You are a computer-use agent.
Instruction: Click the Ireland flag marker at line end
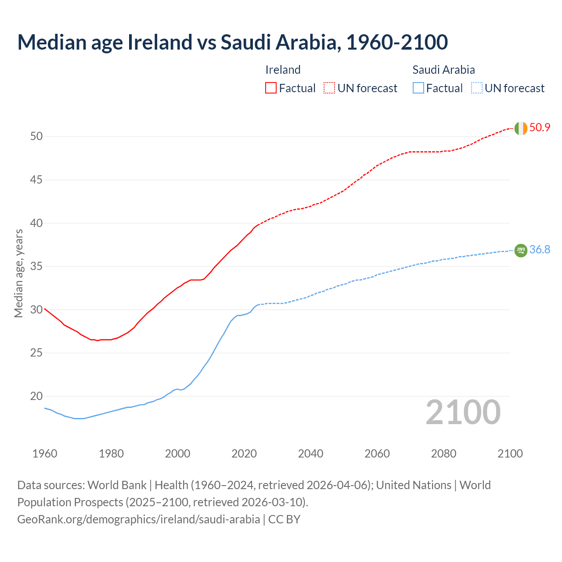click(x=521, y=128)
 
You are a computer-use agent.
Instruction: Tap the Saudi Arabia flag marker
click(x=521, y=250)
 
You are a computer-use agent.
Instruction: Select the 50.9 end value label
click(x=540, y=128)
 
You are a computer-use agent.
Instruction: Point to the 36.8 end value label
click(x=540, y=250)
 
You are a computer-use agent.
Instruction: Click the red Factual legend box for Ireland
click(x=271, y=88)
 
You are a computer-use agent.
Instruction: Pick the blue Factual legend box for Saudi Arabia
click(x=418, y=88)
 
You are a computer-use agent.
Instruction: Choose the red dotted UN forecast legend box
click(x=329, y=88)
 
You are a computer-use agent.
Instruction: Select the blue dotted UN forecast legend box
click(x=477, y=88)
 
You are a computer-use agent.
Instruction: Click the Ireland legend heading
click(x=283, y=70)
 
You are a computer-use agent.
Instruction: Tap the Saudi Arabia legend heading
click(x=443, y=70)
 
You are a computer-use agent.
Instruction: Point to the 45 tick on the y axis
click(x=36, y=180)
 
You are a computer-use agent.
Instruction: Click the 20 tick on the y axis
click(x=36, y=396)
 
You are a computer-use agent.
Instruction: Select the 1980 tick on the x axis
click(x=111, y=454)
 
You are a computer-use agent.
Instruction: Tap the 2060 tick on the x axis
click(x=377, y=454)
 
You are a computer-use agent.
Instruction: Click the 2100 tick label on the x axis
click(x=510, y=454)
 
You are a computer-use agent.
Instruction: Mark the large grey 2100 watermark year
click(x=463, y=412)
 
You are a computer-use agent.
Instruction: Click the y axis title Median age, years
click(x=18, y=273)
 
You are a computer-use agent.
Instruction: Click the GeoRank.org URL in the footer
click(x=138, y=519)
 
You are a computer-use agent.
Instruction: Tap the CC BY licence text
click(x=284, y=519)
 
